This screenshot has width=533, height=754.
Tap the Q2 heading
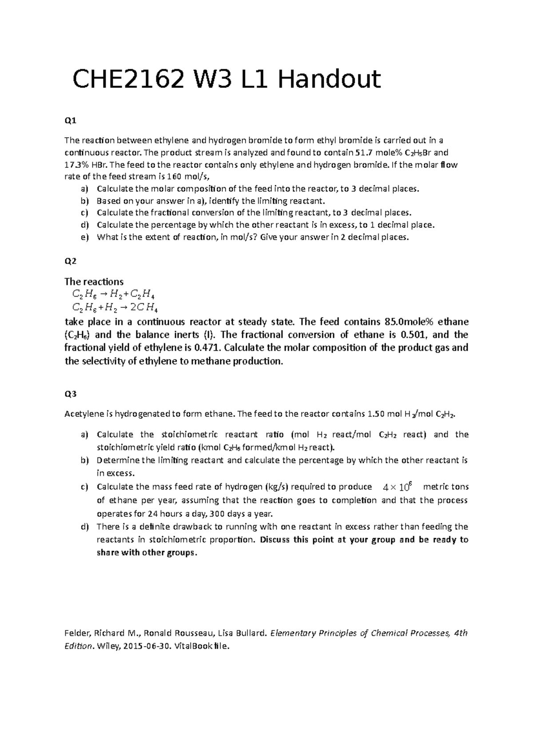tap(70, 261)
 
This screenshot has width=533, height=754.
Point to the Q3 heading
tap(70, 394)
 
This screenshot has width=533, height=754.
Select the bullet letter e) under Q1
tap(85, 237)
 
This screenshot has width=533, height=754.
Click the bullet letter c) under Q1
tap(85, 213)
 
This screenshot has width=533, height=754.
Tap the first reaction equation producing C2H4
tap(113, 294)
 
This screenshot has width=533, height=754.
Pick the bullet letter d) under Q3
tap(85, 527)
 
